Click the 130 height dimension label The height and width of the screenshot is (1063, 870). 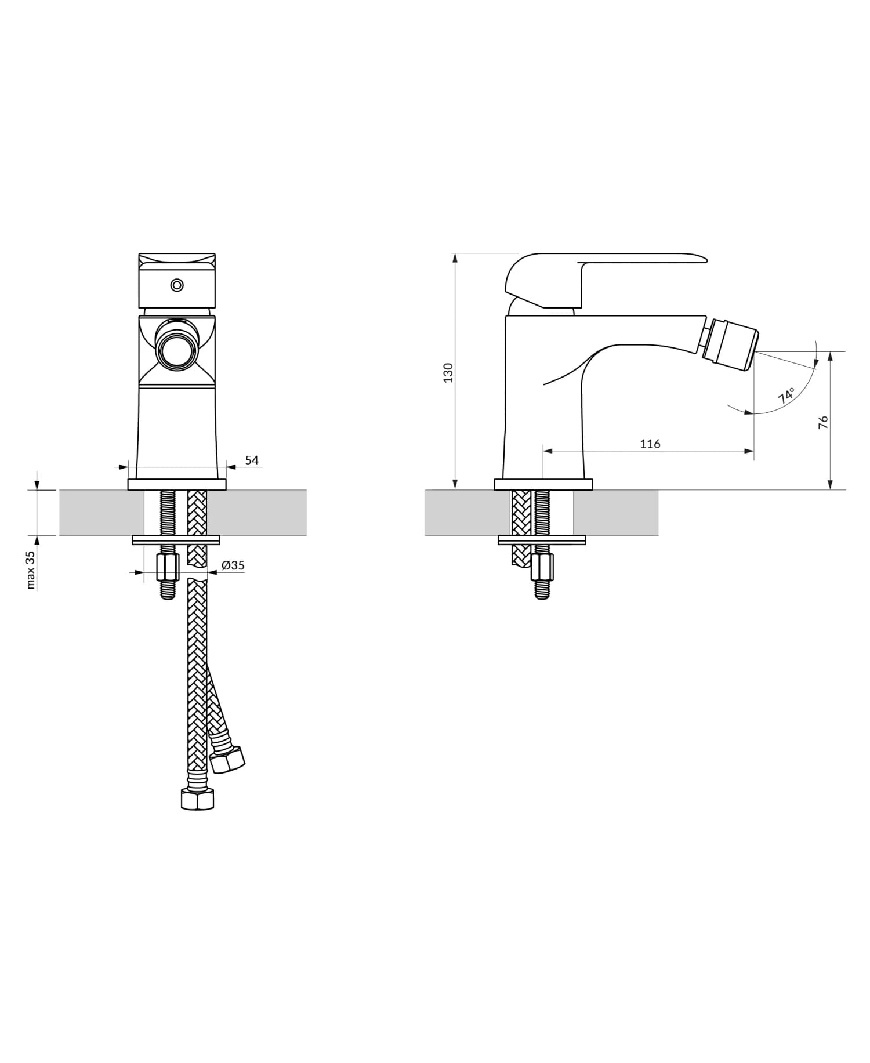click(x=448, y=372)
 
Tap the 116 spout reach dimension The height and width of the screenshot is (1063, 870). click(x=650, y=444)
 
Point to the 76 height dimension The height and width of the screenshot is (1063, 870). click(x=823, y=422)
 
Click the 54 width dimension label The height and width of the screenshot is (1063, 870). click(x=252, y=460)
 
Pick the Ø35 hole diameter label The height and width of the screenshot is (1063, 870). click(x=233, y=565)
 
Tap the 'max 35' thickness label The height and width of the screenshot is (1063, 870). click(x=31, y=569)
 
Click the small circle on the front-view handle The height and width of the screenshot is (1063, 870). click(x=177, y=285)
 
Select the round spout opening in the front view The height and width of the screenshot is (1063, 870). click(x=177, y=351)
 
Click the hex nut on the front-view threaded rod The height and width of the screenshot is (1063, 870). click(x=168, y=568)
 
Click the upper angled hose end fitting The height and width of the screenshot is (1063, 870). click(x=227, y=758)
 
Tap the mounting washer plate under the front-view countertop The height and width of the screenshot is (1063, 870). click(x=176, y=540)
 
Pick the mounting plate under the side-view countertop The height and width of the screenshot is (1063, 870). click(x=542, y=540)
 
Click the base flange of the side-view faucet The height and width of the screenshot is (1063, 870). click(x=543, y=484)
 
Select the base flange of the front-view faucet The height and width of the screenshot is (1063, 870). click(x=177, y=484)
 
